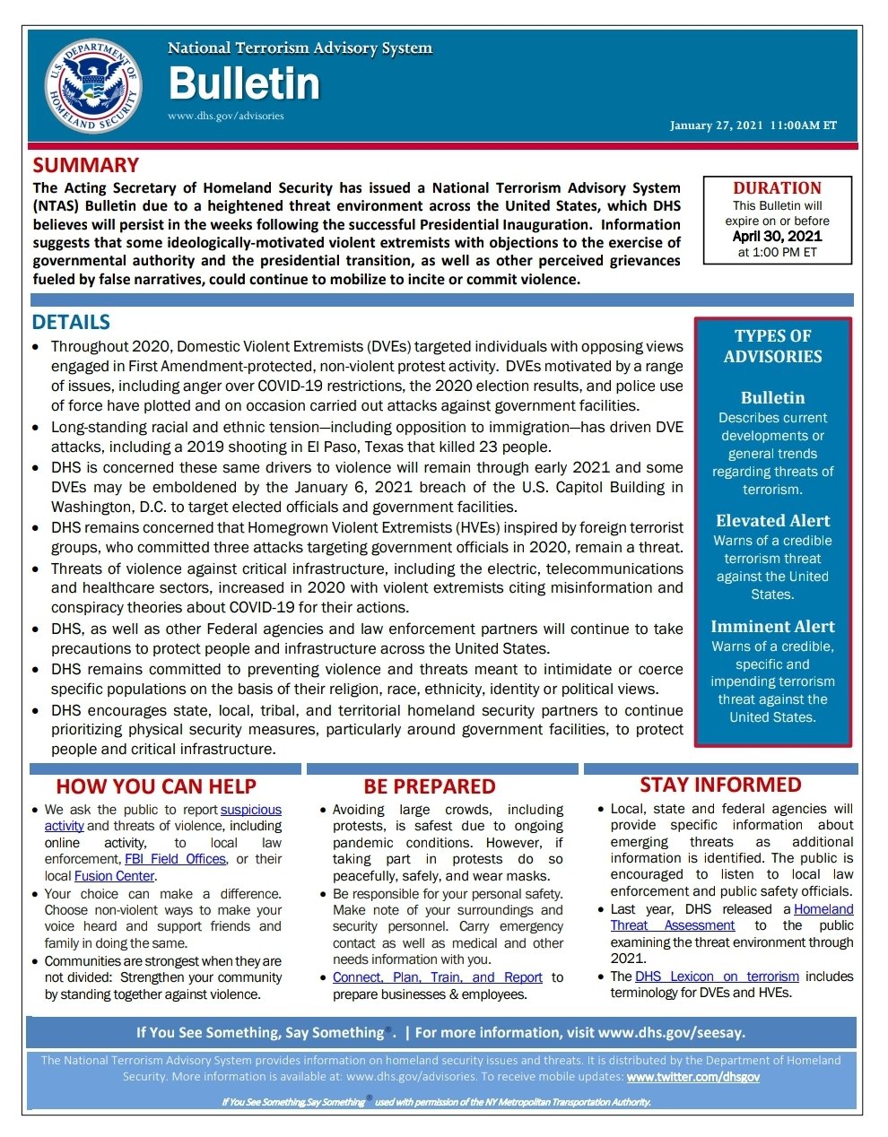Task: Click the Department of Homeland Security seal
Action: tap(93, 85)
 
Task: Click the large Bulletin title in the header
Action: tap(244, 84)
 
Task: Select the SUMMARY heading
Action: tap(86, 165)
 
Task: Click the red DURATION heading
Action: tap(777, 188)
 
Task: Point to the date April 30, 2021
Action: tap(777, 237)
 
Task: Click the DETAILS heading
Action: tap(71, 322)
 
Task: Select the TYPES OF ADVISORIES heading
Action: tap(772, 346)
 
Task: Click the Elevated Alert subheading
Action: tap(772, 521)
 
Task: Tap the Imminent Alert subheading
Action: tap(772, 627)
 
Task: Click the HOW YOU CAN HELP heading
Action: tap(156, 786)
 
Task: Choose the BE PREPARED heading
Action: tap(429, 786)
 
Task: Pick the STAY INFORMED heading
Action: tap(720, 785)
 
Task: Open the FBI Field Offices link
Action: tap(175, 859)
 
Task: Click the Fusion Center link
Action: tap(114, 876)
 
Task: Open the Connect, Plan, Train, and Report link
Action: tap(437, 977)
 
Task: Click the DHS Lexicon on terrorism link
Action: tap(717, 976)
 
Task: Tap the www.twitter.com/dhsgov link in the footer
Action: tap(692, 1077)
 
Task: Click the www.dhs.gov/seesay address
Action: tap(671, 1033)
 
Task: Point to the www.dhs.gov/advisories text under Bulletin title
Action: tap(225, 116)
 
